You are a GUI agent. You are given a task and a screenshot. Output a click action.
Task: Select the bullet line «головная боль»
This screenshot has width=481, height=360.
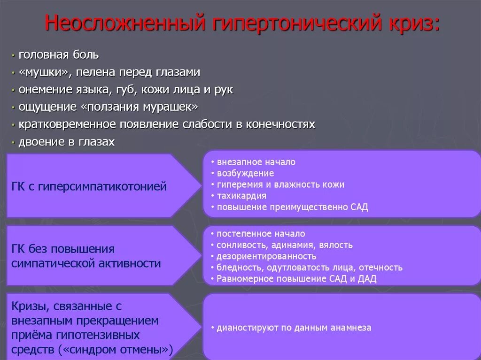pos(59,55)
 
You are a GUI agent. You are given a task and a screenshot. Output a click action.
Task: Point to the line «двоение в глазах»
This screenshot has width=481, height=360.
pos(66,142)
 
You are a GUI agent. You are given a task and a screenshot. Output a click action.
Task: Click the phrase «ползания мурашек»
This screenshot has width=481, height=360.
pos(140,107)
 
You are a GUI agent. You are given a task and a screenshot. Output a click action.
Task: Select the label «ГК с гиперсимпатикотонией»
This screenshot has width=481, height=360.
pos(89,187)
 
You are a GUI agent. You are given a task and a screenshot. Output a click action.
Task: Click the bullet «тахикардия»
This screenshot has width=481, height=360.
pos(241,196)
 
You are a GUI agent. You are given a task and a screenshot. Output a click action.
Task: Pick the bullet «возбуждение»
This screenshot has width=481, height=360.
pos(245,173)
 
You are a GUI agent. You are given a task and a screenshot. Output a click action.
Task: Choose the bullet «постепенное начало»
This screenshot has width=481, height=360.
pos(261,234)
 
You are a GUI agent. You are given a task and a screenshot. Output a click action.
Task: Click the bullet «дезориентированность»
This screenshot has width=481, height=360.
pos(266,256)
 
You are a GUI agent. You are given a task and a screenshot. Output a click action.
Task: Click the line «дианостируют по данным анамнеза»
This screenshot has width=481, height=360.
pos(294,328)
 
